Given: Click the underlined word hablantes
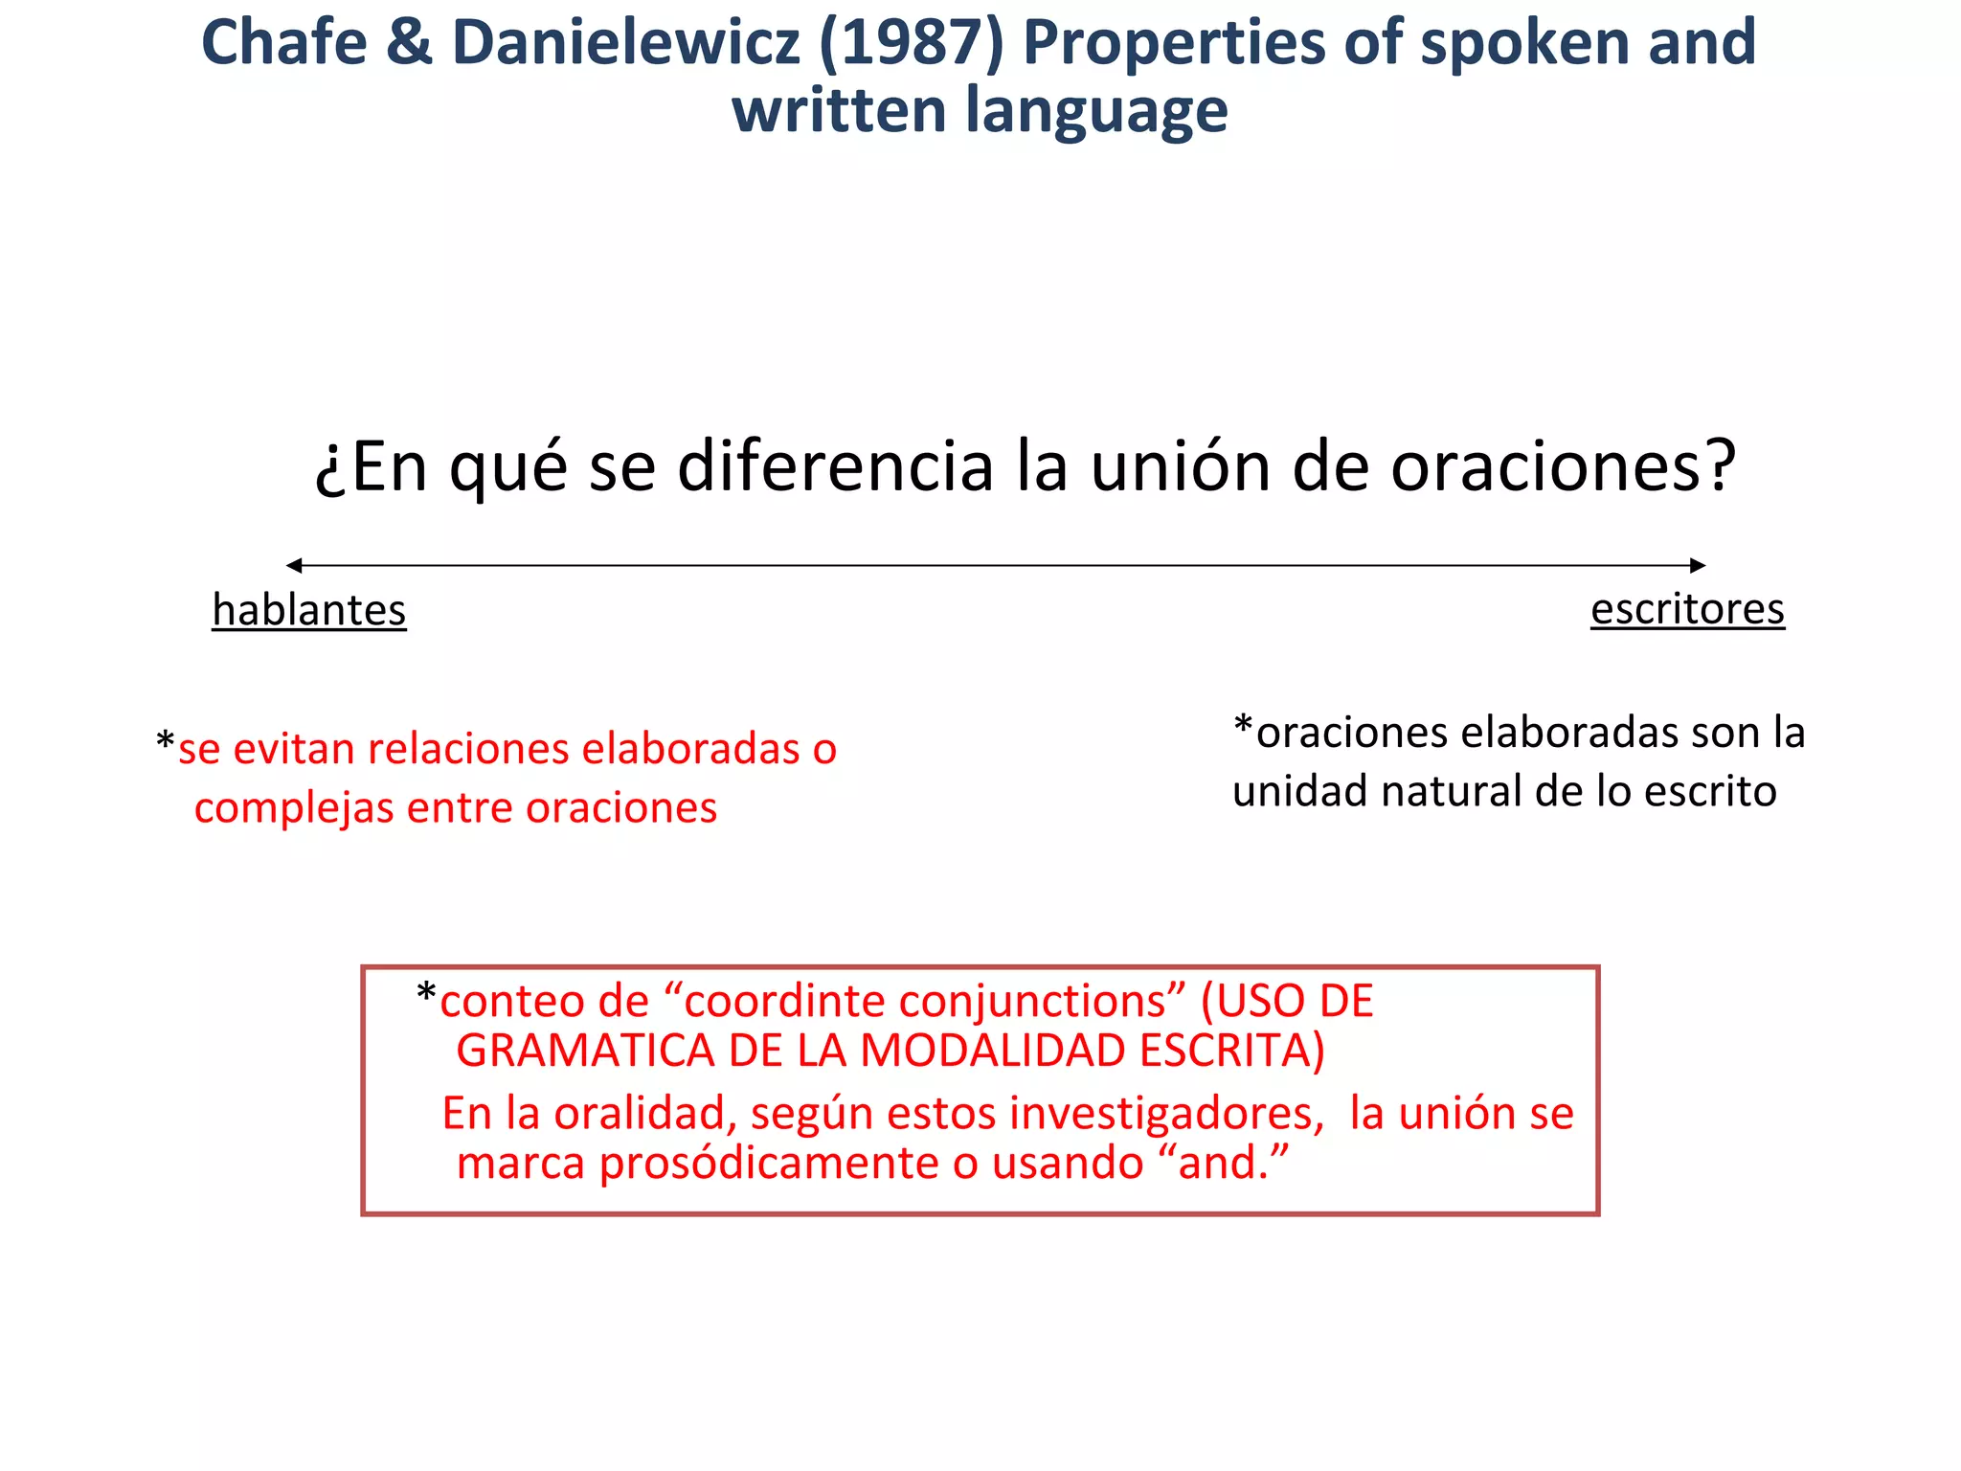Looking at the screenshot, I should [x=309, y=611].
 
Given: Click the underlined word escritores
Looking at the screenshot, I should [x=1687, y=609].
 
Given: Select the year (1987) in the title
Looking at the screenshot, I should [x=911, y=44].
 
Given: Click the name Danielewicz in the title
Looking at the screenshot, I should [x=625, y=44].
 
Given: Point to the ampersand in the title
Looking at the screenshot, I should [x=409, y=44].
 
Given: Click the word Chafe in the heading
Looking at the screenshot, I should [x=283, y=44].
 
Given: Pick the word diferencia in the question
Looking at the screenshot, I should [x=836, y=467].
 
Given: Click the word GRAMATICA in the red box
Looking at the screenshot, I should [x=585, y=1052].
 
